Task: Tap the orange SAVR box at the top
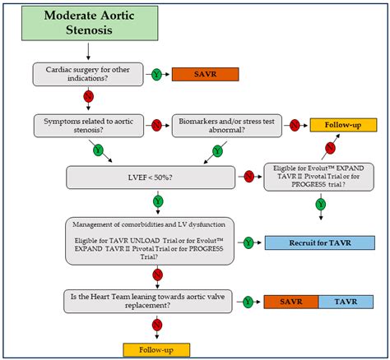tap(205, 74)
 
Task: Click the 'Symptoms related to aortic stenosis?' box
tap(88, 125)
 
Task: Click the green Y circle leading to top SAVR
tap(155, 74)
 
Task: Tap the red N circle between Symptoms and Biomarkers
tap(156, 125)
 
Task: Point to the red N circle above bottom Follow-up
tap(155, 325)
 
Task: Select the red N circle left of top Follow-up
tap(294, 125)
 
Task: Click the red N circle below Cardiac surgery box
tap(88, 98)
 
